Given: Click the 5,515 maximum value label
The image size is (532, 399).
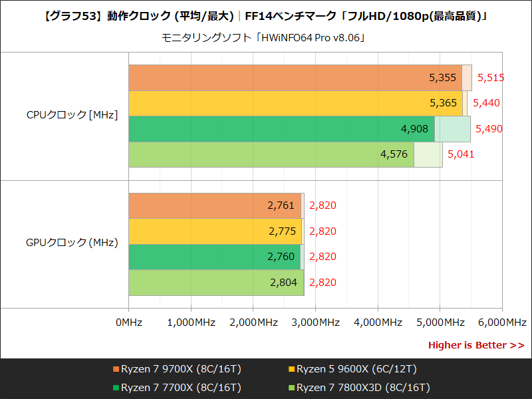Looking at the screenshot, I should click(x=491, y=78).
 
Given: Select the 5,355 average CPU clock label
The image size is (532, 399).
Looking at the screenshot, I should click(x=443, y=78).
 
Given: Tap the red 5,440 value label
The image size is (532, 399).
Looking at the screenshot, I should click(x=486, y=103).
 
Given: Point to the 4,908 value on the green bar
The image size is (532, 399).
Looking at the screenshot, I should click(x=415, y=128).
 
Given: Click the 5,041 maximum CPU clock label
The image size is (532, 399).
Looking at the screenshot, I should click(x=462, y=154).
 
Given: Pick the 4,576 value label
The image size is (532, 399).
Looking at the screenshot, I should click(x=394, y=154).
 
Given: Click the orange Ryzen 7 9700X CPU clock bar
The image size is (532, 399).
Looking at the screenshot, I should click(x=279, y=78).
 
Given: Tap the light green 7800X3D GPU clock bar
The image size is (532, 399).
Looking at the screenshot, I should click(x=199, y=283).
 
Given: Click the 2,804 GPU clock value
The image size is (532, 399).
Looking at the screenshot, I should click(x=283, y=283).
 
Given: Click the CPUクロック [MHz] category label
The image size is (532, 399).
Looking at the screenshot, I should click(x=72, y=115).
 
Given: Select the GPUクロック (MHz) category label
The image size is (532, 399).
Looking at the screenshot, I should click(x=72, y=243).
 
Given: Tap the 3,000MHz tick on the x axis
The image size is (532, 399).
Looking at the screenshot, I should click(x=315, y=323).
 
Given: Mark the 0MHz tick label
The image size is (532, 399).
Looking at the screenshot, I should click(x=128, y=323).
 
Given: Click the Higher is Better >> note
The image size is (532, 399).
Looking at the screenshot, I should click(x=475, y=345).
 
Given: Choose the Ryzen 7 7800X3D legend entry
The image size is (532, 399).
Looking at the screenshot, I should click(x=362, y=387).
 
